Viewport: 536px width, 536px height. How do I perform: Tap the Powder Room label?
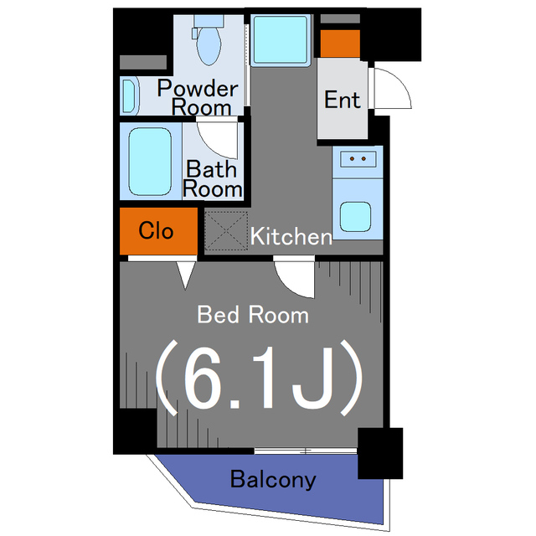coord(198,97)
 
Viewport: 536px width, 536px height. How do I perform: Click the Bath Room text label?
coord(212,178)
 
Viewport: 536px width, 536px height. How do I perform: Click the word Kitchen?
coord(292,237)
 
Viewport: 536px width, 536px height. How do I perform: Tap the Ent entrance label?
coord(343,100)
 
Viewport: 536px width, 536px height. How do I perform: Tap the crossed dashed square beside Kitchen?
coord(224,229)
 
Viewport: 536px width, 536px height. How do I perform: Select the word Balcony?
coord(273,480)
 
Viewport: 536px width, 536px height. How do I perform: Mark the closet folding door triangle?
coord(186,272)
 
